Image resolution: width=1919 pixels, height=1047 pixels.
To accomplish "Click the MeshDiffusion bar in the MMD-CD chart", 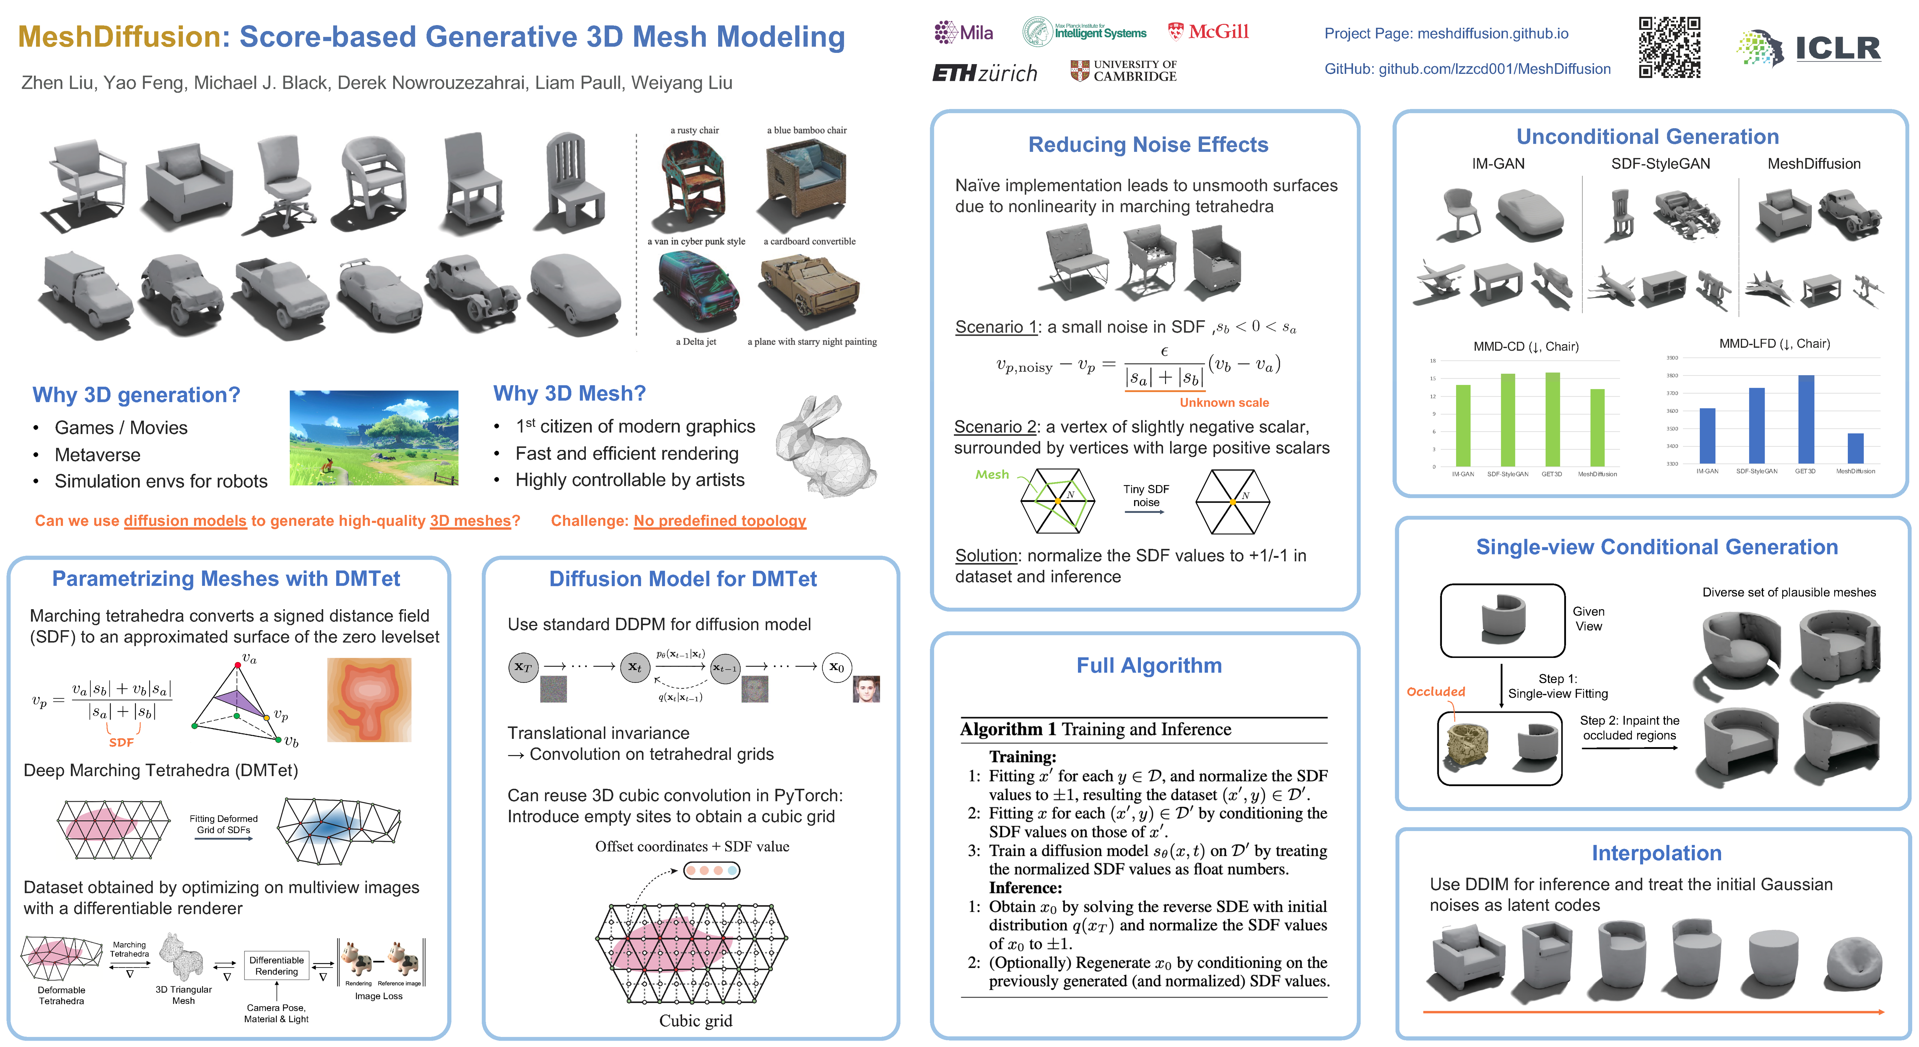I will point(1597,428).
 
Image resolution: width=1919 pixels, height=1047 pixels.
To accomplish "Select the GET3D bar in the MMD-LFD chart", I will point(1806,419).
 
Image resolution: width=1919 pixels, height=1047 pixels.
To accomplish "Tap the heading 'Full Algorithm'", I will point(1149,665).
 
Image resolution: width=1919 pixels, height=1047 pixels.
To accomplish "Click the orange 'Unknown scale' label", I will point(1223,402).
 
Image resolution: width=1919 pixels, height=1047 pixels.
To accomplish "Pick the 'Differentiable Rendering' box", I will point(276,966).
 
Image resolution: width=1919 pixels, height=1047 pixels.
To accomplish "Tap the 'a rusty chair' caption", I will point(694,130).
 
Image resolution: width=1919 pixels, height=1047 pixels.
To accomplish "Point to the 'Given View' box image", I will point(1502,620).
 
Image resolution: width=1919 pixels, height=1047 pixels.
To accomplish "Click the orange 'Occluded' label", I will point(1435,692).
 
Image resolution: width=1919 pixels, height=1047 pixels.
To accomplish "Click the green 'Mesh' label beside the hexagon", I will point(991,475).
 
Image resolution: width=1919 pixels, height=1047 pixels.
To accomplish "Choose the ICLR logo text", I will point(1837,48).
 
